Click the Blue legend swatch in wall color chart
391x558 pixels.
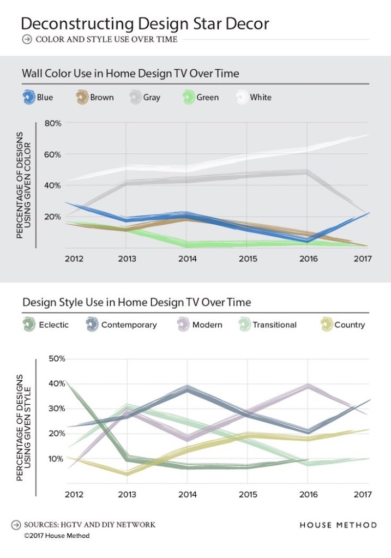pos(29,98)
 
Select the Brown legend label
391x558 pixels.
pos(102,98)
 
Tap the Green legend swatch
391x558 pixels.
pos(189,98)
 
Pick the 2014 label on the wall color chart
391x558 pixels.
pos(187,259)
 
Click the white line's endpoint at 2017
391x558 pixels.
pos(369,134)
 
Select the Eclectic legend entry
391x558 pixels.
pos(46,325)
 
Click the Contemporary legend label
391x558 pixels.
pos(129,325)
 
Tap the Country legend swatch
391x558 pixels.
pos(327,325)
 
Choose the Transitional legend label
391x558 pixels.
pos(274,325)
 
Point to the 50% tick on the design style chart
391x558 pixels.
pos(56,359)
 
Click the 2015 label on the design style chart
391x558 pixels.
pos(248,495)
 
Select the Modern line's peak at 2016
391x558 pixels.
pos(308,386)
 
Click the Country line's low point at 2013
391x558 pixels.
pos(127,473)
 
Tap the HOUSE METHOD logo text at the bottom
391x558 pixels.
pos(338,525)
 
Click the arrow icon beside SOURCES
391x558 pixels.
pos(15,525)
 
